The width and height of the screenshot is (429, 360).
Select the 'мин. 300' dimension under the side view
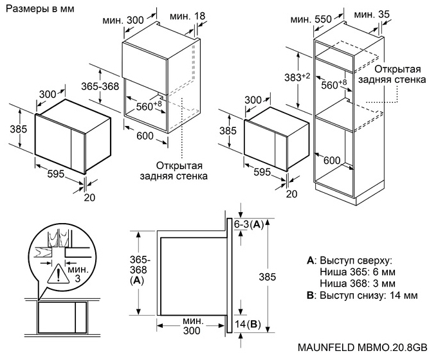[192, 325]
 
